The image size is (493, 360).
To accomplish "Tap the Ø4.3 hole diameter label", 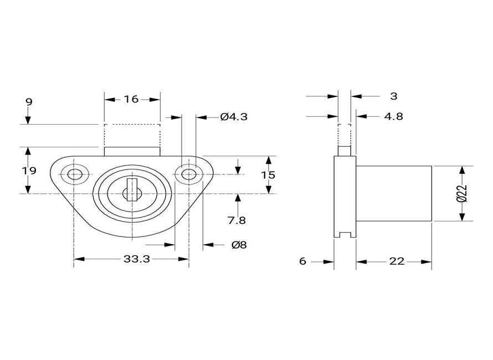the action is [x=234, y=117].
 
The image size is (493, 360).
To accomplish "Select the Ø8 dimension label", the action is [x=239, y=245].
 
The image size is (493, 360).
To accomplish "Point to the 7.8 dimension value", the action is [x=237, y=221].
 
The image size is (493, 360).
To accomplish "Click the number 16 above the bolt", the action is [x=131, y=99].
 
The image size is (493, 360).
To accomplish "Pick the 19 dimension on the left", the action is [x=29, y=171].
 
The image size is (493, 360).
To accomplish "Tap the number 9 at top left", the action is [x=29, y=102].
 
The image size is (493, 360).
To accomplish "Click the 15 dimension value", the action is [x=268, y=175].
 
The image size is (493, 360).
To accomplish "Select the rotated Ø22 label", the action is [x=462, y=193].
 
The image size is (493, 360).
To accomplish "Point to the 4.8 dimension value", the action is [x=393, y=117].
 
